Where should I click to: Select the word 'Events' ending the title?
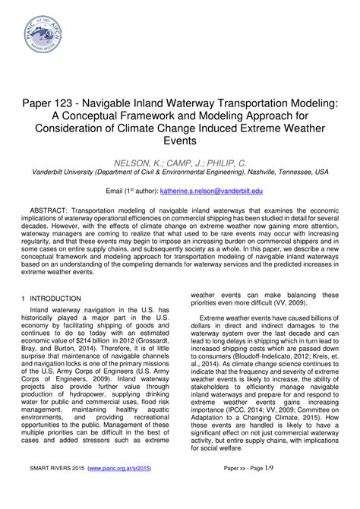coord(180,140)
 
